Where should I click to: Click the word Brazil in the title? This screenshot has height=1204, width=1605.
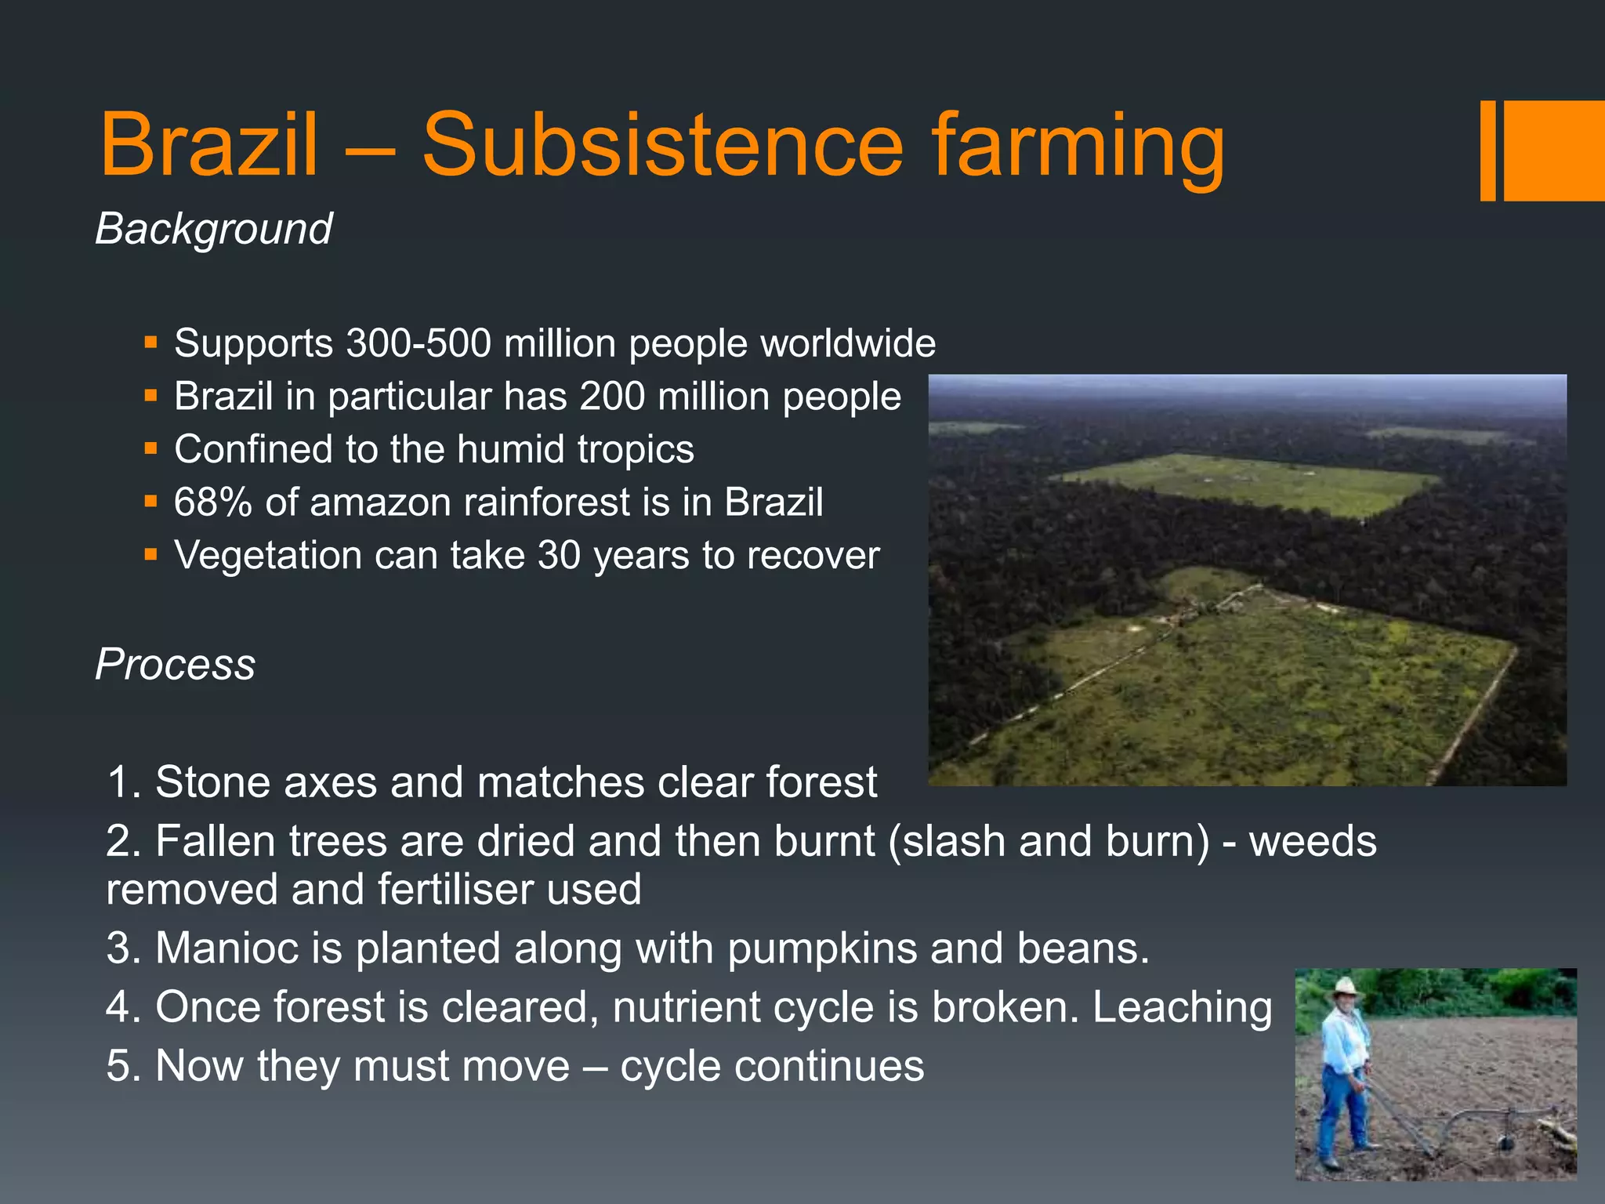click(x=209, y=145)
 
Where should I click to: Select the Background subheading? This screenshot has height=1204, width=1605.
click(x=213, y=229)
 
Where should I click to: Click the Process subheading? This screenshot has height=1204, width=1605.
click(x=175, y=665)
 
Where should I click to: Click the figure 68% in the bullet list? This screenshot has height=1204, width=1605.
click(x=212, y=502)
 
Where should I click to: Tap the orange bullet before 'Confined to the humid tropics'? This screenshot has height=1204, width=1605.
click(x=151, y=449)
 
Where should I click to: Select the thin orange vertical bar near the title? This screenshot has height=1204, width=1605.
click(x=1487, y=150)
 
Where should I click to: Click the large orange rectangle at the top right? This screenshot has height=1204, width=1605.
click(x=1554, y=150)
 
